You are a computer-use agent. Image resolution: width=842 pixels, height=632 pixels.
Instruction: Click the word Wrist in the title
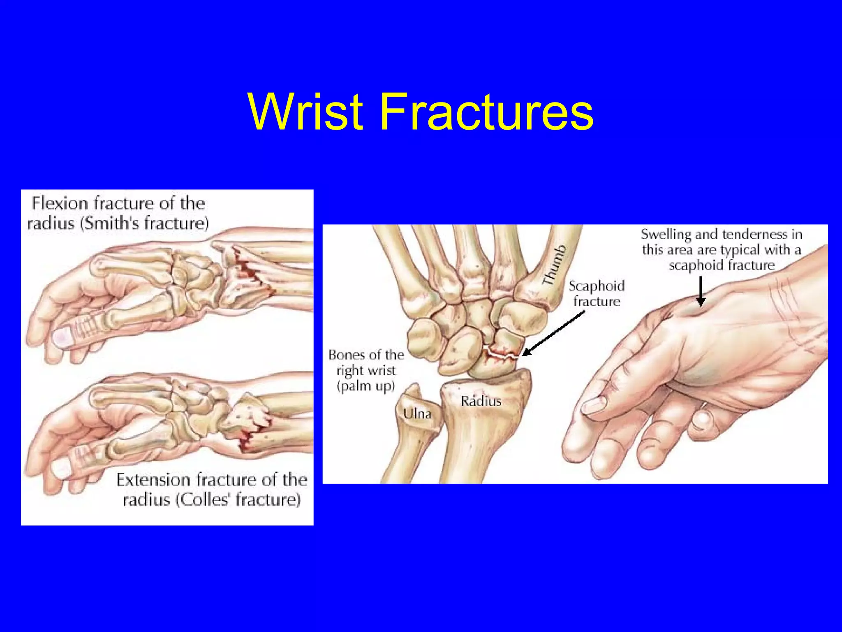306,112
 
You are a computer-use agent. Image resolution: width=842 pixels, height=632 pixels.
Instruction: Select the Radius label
481,401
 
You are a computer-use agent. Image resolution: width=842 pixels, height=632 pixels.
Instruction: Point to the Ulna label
417,414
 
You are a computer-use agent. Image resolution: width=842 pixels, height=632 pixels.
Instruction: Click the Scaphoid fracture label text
596,293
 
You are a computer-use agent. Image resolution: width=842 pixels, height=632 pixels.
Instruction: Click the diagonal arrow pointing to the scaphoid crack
553,333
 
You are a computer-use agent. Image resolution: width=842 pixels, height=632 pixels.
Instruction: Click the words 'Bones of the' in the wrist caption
366,355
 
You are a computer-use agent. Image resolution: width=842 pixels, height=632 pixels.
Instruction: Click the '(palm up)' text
365,386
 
